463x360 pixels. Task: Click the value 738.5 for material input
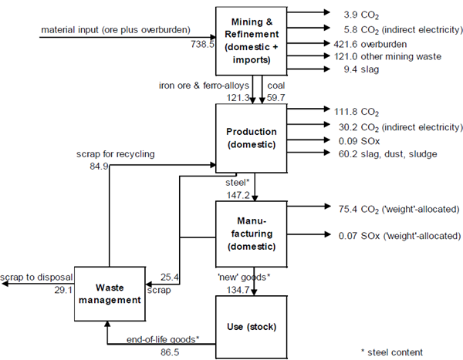[201, 45]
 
